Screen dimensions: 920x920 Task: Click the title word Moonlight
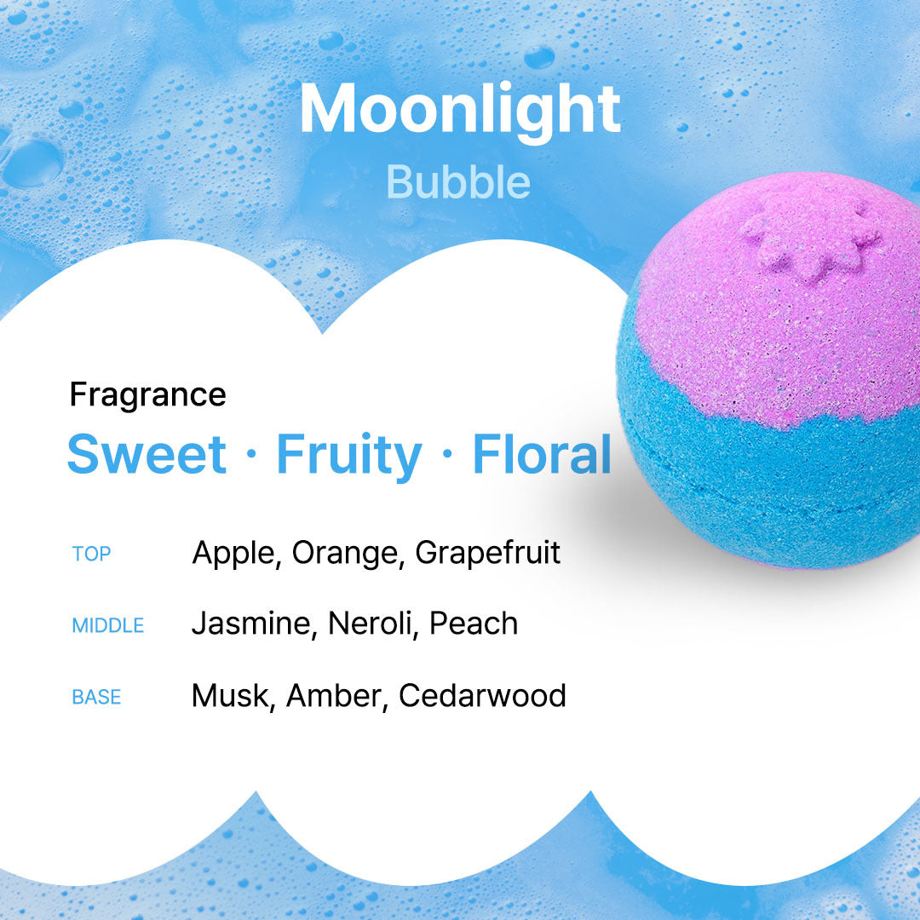pyautogui.click(x=459, y=110)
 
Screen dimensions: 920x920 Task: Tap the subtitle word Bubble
pyautogui.click(x=458, y=181)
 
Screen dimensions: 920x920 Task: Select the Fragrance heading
pyautogui.click(x=147, y=395)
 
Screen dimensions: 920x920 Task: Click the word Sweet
pyautogui.click(x=147, y=454)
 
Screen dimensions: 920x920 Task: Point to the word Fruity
pyautogui.click(x=348, y=456)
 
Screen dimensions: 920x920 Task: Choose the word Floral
pyautogui.click(x=542, y=454)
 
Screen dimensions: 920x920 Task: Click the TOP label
pyautogui.click(x=92, y=555)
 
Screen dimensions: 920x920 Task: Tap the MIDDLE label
pyautogui.click(x=108, y=626)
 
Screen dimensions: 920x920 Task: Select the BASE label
pyautogui.click(x=96, y=698)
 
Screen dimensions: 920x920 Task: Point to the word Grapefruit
pyautogui.click(x=487, y=554)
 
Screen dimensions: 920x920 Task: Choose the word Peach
pyautogui.click(x=474, y=624)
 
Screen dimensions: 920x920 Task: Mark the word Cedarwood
pyautogui.click(x=482, y=696)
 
